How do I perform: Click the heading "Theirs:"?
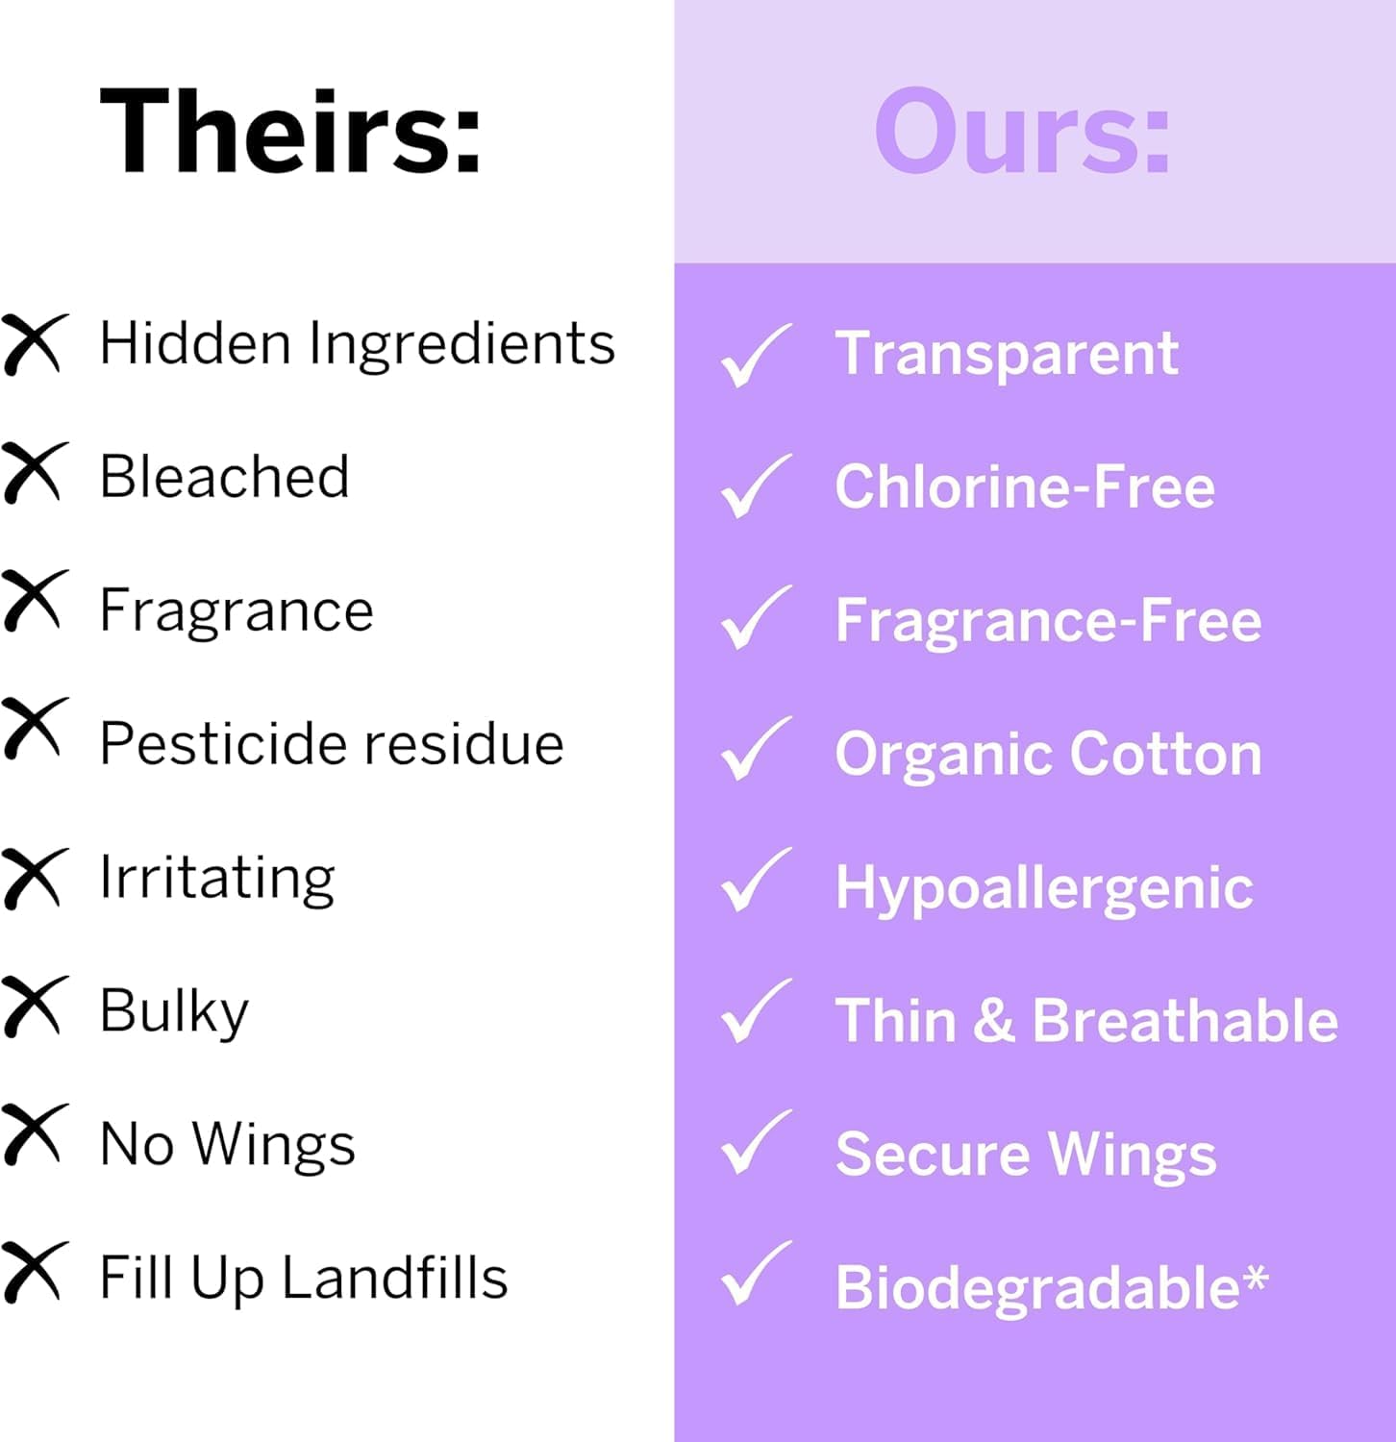click(290, 131)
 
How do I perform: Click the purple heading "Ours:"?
click(1023, 131)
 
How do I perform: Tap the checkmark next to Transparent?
click(756, 355)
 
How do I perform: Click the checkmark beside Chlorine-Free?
click(756, 485)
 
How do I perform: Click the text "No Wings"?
click(228, 1145)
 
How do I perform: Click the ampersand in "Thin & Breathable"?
click(993, 1020)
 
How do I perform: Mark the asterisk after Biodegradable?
click(1256, 1280)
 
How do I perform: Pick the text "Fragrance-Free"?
click(1048, 621)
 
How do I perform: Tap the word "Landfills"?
click(394, 1278)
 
